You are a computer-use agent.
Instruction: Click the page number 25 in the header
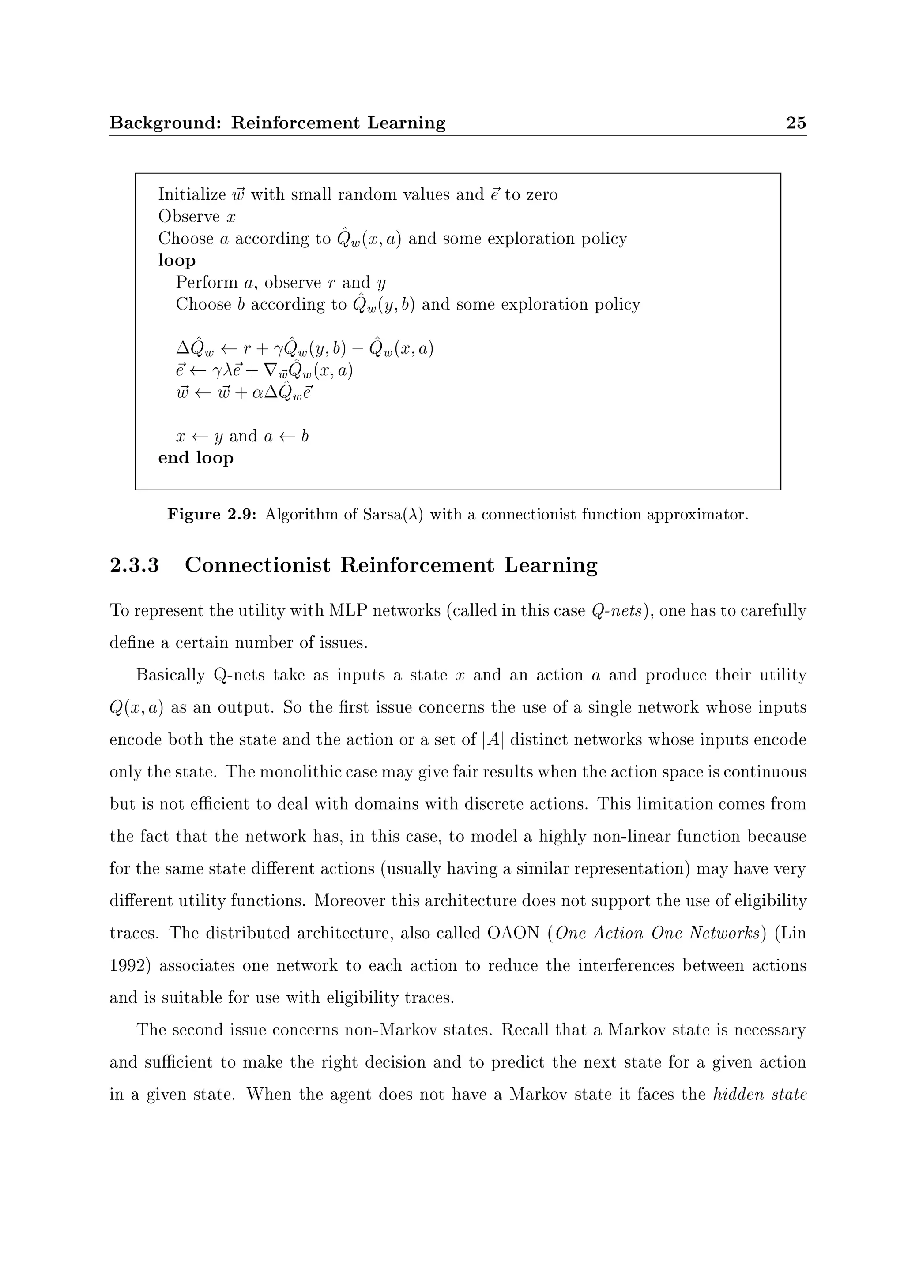(x=796, y=123)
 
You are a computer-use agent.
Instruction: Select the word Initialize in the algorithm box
(x=192, y=195)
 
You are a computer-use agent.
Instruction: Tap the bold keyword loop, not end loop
(x=177, y=261)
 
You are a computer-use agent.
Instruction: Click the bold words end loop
(x=196, y=458)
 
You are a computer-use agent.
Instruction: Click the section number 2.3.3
(x=134, y=565)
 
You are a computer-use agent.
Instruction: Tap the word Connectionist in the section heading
(x=257, y=565)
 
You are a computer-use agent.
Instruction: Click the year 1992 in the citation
(x=130, y=965)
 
